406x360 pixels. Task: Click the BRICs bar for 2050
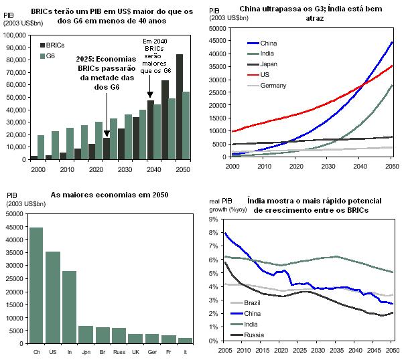[x=180, y=107]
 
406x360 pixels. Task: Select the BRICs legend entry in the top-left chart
[x=52, y=45]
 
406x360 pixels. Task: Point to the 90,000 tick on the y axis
[x=17, y=58]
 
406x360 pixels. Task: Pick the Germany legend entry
[x=274, y=86]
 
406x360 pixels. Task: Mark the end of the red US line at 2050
[x=392, y=66]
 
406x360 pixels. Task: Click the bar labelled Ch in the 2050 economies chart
[x=36, y=284]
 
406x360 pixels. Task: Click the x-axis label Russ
[x=119, y=351]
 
